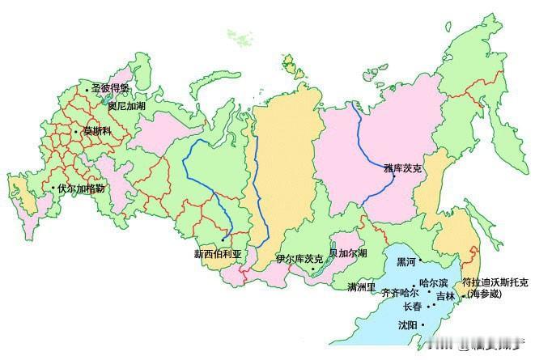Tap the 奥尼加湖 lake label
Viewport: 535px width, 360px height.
pos(128,105)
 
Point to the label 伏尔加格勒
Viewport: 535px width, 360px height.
pos(81,188)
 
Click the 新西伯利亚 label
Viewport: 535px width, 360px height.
pos(217,253)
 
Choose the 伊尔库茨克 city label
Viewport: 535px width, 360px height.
pos(299,259)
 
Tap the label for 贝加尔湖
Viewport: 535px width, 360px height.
pos(348,253)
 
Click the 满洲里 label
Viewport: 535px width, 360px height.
pos(361,287)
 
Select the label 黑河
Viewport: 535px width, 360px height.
pos(405,262)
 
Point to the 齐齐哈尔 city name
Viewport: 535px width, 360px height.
pos(399,292)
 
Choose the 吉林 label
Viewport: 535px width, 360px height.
pos(446,297)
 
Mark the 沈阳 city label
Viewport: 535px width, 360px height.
pos(407,325)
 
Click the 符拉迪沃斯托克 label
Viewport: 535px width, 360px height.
pos(495,282)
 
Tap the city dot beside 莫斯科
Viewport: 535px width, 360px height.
pos(76,131)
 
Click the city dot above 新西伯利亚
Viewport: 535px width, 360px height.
pos(222,240)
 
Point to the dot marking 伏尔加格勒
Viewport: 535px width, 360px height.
pos(53,188)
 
